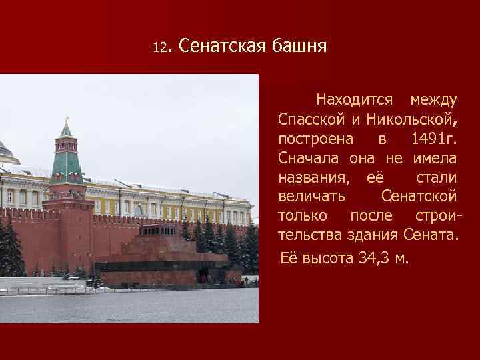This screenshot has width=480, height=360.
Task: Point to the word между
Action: [x=433, y=101]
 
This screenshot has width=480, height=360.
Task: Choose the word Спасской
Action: [x=311, y=120]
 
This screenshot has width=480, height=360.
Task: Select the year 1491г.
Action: [x=434, y=139]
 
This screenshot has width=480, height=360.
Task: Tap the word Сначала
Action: [x=310, y=159]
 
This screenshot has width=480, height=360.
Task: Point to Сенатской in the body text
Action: [x=419, y=197]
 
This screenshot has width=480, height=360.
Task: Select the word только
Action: [x=303, y=217]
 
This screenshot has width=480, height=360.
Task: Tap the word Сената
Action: [x=431, y=236]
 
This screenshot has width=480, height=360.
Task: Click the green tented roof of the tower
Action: [x=67, y=163]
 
